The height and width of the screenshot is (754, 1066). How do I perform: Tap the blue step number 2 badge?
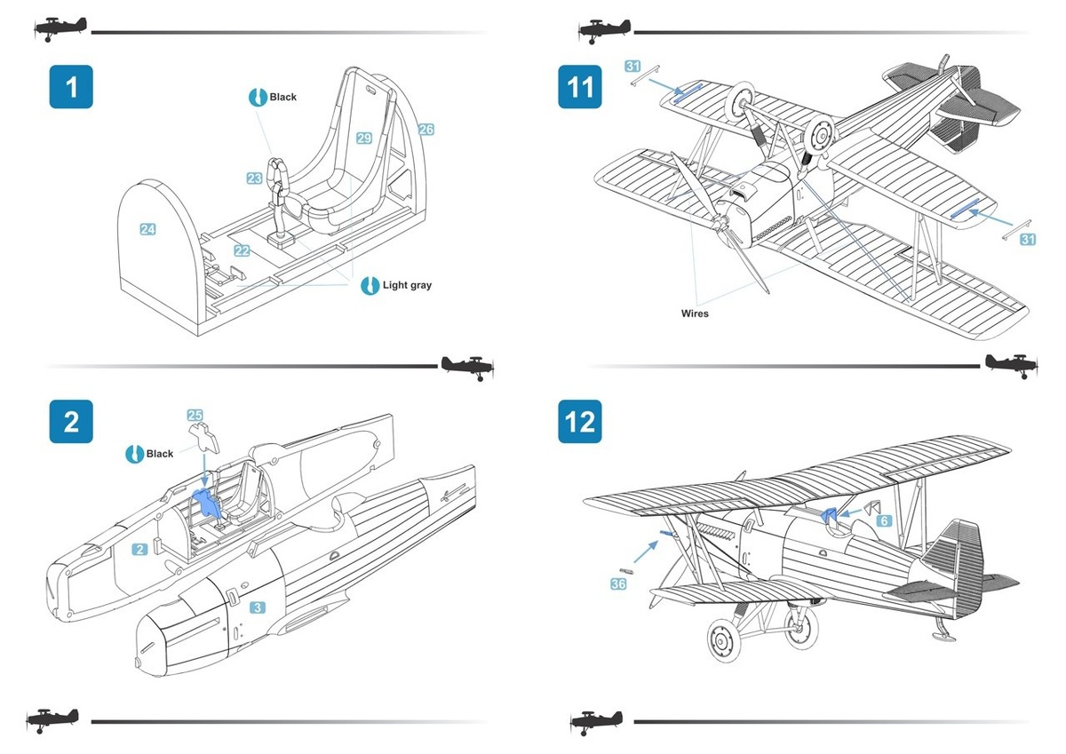(70, 421)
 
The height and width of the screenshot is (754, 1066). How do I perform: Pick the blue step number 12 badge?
(579, 421)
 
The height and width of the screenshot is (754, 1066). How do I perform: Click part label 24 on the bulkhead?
(147, 230)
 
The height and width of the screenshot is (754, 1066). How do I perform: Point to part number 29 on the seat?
(364, 138)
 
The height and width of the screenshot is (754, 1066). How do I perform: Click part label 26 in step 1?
(426, 130)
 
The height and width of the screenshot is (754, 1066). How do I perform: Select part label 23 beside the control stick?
(255, 179)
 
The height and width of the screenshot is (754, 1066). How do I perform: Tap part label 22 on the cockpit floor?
(242, 251)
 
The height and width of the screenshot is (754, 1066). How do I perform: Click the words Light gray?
(407, 286)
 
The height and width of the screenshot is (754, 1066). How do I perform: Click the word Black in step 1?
(283, 97)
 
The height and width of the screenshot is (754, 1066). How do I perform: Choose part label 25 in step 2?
(195, 415)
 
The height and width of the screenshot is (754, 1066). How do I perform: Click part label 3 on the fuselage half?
(257, 607)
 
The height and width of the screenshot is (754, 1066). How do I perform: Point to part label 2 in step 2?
(139, 550)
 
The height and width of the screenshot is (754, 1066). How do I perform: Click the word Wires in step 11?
(695, 314)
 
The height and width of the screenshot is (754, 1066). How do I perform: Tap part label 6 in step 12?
(884, 521)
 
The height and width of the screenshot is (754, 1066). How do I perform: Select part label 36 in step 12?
(618, 583)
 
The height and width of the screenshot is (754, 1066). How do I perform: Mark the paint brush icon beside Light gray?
(370, 286)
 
